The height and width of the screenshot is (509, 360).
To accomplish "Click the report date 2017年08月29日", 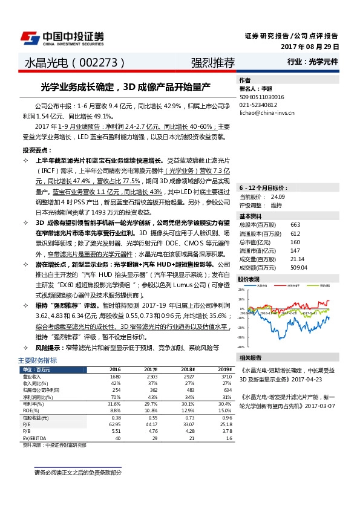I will click(x=310, y=47).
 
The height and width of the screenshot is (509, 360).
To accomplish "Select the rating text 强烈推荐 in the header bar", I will click(x=212, y=62).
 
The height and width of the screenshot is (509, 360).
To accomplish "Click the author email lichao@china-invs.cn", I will click(x=267, y=112).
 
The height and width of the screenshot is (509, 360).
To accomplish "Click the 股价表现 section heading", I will click(x=249, y=279).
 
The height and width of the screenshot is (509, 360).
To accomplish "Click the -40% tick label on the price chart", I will click(x=242, y=347).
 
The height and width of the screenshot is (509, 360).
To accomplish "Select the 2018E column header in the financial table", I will click(x=187, y=369).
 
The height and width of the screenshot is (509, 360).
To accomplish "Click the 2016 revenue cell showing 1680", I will click(x=115, y=376).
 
